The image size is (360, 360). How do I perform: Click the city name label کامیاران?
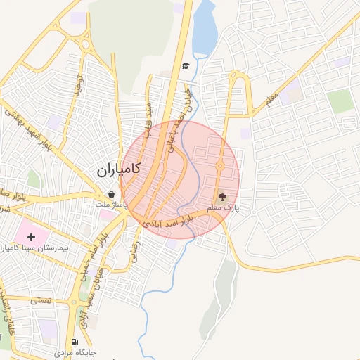coord(117,169)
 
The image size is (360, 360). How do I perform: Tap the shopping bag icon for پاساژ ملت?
coord(111,195)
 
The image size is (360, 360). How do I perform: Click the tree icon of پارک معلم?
coord(223,198)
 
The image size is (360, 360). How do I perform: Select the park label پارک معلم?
coord(227,209)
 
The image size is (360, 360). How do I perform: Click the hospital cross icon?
coord(31,237)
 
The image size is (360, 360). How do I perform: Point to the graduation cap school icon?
coord(185,66)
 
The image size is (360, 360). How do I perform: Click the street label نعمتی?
coord(41,300)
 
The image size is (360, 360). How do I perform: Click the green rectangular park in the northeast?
coord(341,101)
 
